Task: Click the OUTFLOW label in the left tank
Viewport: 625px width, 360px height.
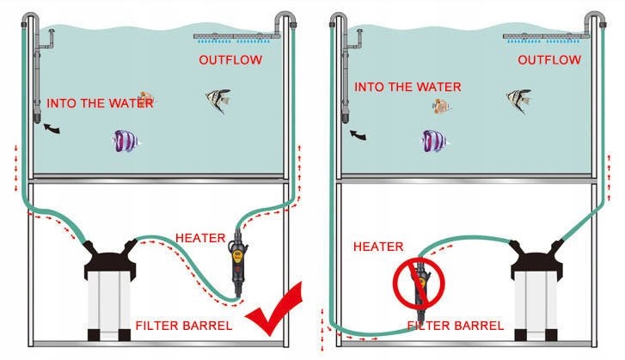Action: click(x=230, y=60)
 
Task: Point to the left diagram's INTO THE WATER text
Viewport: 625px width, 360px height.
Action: click(x=101, y=103)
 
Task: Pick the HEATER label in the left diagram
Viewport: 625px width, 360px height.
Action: click(x=200, y=237)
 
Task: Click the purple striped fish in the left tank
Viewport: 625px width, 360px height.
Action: click(x=126, y=140)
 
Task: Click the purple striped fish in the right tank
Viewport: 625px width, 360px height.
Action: click(x=435, y=140)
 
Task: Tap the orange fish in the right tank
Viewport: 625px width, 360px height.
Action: click(x=443, y=106)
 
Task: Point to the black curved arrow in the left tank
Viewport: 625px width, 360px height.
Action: click(x=53, y=129)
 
